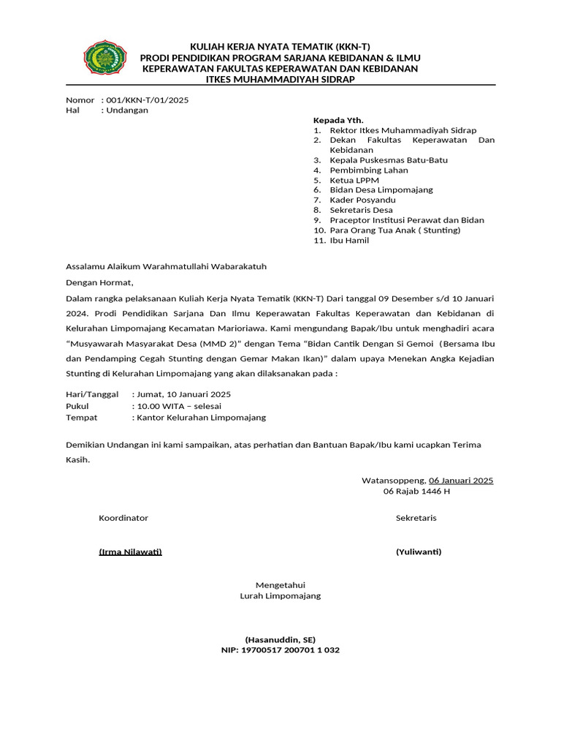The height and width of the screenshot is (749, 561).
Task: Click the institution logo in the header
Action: [x=105, y=61]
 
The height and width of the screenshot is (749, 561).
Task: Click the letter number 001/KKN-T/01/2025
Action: [x=147, y=100]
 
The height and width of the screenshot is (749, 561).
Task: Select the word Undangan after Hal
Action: [x=127, y=110]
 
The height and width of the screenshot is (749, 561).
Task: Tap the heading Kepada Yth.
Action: [x=338, y=120]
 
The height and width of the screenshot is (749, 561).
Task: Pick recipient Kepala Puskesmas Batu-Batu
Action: [x=389, y=159]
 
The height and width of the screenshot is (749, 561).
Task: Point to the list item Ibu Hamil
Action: [x=349, y=241]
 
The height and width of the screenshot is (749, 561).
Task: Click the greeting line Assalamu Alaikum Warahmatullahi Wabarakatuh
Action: [x=166, y=266]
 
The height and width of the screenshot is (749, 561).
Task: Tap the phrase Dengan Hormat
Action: [x=100, y=282]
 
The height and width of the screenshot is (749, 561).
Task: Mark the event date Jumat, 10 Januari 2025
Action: [x=181, y=394]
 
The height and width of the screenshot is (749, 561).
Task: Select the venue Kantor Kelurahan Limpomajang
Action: [x=199, y=418]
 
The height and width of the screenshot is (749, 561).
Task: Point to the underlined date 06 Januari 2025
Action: [x=461, y=481]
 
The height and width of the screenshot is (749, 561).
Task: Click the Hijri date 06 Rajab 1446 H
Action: [x=416, y=492]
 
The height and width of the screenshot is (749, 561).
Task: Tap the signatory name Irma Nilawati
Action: [x=130, y=552]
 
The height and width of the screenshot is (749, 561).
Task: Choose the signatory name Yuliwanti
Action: [x=419, y=552]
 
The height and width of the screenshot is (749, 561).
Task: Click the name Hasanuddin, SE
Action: [x=280, y=639]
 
